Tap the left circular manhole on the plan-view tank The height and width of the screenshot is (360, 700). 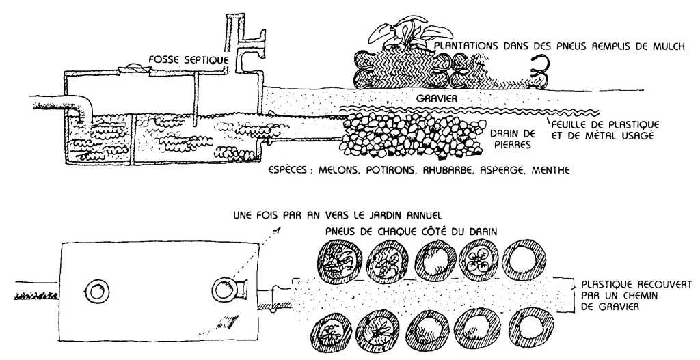95,291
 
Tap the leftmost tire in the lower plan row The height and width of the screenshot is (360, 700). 329,335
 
